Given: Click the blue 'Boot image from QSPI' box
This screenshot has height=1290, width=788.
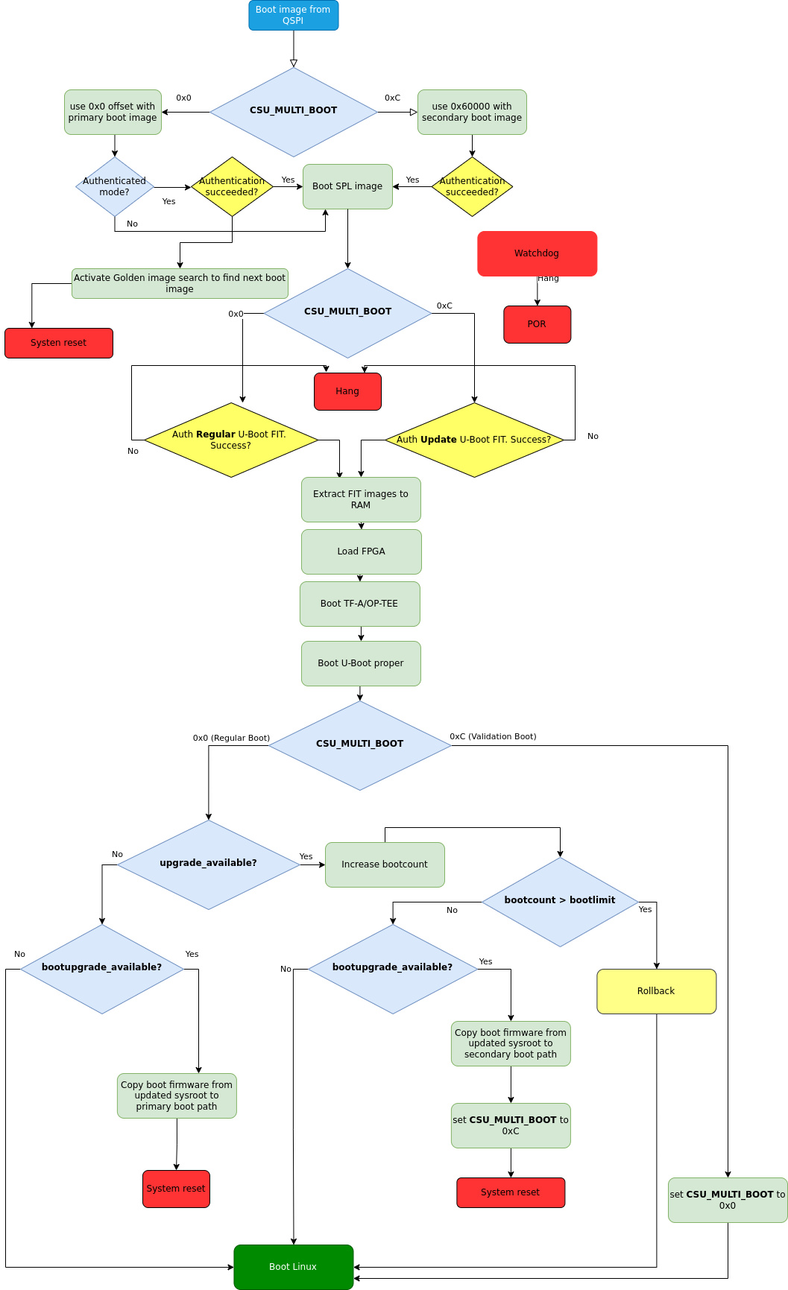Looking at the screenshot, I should point(293,15).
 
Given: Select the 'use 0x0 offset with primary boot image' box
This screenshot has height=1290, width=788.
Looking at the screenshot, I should point(113,112).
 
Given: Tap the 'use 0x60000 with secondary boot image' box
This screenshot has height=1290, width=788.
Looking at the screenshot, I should point(472,112).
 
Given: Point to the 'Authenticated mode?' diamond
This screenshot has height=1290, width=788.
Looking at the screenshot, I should point(115,186).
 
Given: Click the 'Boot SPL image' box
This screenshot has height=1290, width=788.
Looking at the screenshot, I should point(347,186).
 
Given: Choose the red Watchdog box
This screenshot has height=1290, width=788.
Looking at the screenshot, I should point(537,253).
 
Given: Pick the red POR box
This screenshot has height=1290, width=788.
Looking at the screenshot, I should point(537,324).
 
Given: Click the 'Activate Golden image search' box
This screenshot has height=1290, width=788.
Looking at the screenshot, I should point(180,283).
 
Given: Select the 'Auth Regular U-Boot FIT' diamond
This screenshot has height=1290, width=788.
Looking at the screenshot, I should point(231,440).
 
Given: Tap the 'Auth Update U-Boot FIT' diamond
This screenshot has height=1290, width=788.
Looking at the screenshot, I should point(474,440).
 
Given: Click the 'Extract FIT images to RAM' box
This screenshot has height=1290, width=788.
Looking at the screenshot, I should point(361,499).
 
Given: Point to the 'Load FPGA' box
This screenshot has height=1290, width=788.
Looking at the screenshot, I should point(361,551).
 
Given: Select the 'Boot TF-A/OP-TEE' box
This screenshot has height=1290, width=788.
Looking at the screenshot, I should point(359,604).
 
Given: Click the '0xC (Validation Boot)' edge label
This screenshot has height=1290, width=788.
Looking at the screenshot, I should point(493,736).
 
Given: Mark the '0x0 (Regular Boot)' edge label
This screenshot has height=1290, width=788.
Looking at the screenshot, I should point(231,738).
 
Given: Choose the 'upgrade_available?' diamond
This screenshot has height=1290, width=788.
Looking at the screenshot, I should point(208,864).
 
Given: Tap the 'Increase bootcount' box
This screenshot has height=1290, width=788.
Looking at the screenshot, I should point(385,864).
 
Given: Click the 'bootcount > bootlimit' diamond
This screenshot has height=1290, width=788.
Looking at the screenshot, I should point(560,901).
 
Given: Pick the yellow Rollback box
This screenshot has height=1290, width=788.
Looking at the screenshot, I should point(656,991).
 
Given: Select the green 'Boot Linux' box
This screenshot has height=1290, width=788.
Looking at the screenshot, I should point(293,1267).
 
